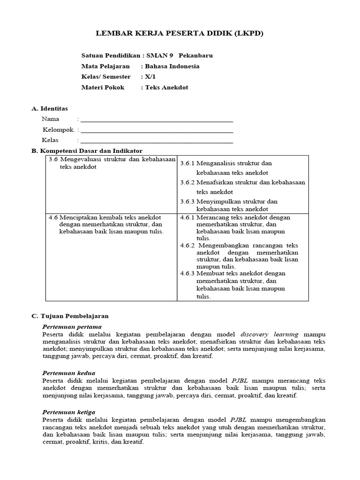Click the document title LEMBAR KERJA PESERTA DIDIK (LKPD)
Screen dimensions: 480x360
[x=180, y=33]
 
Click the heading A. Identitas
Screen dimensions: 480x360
[x=50, y=108]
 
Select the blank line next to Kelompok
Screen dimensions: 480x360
[x=157, y=130]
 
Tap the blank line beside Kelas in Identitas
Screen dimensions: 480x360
[x=157, y=141]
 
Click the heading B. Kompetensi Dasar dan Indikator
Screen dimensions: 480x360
[x=87, y=150]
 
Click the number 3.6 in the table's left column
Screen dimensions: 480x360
[x=53, y=159]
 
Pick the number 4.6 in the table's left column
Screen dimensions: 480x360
[x=53, y=217]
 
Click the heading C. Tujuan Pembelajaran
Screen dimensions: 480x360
[x=70, y=316]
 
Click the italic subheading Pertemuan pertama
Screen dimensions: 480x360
[x=72, y=327]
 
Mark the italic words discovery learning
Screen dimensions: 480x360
[x=269, y=334]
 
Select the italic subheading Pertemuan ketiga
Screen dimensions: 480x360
[x=69, y=412]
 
